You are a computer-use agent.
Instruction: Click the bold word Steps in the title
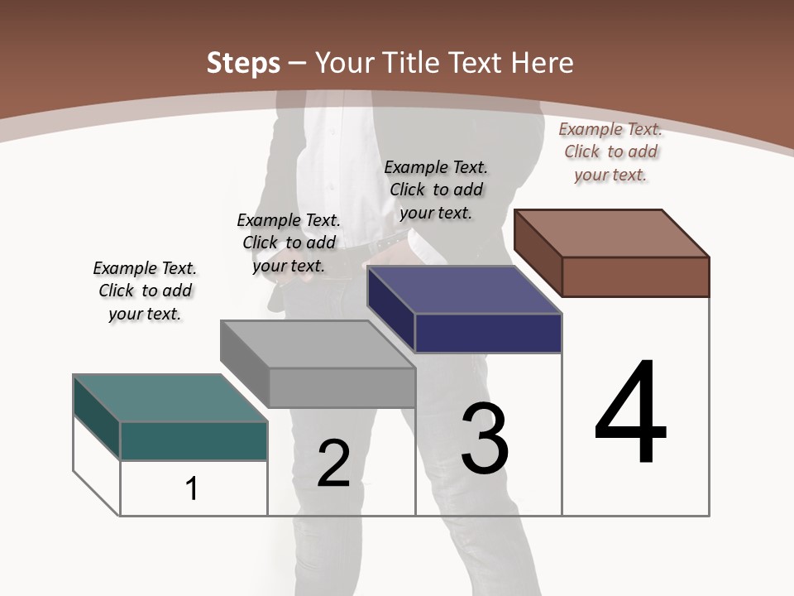(243, 63)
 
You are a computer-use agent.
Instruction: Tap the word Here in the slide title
(543, 63)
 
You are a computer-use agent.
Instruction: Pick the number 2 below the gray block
(333, 464)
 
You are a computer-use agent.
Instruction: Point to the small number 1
(192, 488)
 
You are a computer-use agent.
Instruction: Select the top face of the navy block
(464, 291)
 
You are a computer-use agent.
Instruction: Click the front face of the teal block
(194, 440)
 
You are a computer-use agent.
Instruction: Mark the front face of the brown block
(635, 276)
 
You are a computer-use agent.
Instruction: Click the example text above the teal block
(145, 291)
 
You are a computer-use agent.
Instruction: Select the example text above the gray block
(289, 243)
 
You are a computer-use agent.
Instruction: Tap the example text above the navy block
(436, 190)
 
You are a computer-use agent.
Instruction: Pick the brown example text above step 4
(610, 151)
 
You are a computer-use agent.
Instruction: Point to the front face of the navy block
(488, 334)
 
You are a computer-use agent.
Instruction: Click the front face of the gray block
(341, 387)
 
